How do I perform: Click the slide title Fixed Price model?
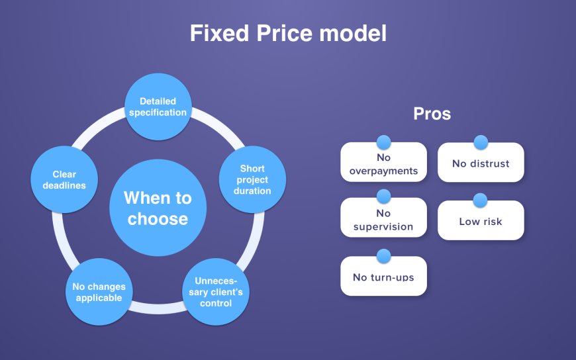point(288,33)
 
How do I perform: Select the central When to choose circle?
point(158,208)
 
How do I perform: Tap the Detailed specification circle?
point(158,107)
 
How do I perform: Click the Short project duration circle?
point(252,179)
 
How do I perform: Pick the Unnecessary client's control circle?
point(216,292)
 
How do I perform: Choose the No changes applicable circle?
point(98,292)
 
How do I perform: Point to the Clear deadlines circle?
point(64,180)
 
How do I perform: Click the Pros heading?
point(432,114)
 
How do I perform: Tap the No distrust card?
point(481,163)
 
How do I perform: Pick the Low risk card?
point(481,222)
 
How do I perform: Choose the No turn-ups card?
point(383,277)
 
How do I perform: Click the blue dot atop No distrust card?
point(481,142)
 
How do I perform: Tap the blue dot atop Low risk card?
point(481,200)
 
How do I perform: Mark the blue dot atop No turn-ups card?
point(383,255)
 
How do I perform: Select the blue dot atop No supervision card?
point(383,196)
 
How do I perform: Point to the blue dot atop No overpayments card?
point(383,142)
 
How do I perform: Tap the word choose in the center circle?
point(158,219)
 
